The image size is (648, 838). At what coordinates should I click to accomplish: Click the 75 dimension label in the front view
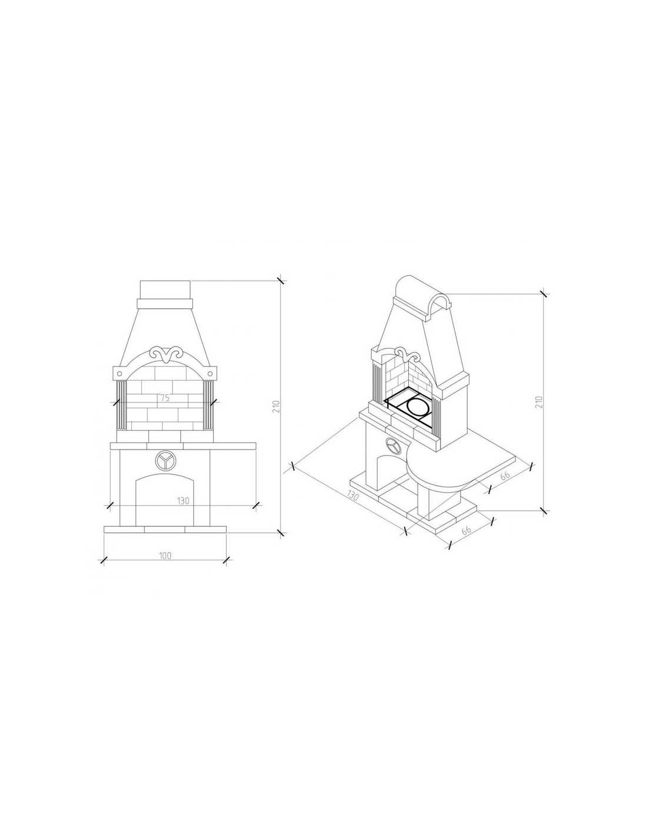(164, 398)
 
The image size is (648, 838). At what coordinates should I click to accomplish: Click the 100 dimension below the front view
(164, 556)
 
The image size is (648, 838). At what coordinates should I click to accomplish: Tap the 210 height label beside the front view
(275, 407)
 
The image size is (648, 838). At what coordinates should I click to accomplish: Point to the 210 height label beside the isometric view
(539, 402)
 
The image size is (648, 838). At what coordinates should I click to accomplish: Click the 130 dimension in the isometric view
(353, 495)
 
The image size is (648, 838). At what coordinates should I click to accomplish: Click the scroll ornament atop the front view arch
(166, 354)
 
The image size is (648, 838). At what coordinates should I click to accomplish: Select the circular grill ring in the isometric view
(416, 406)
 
